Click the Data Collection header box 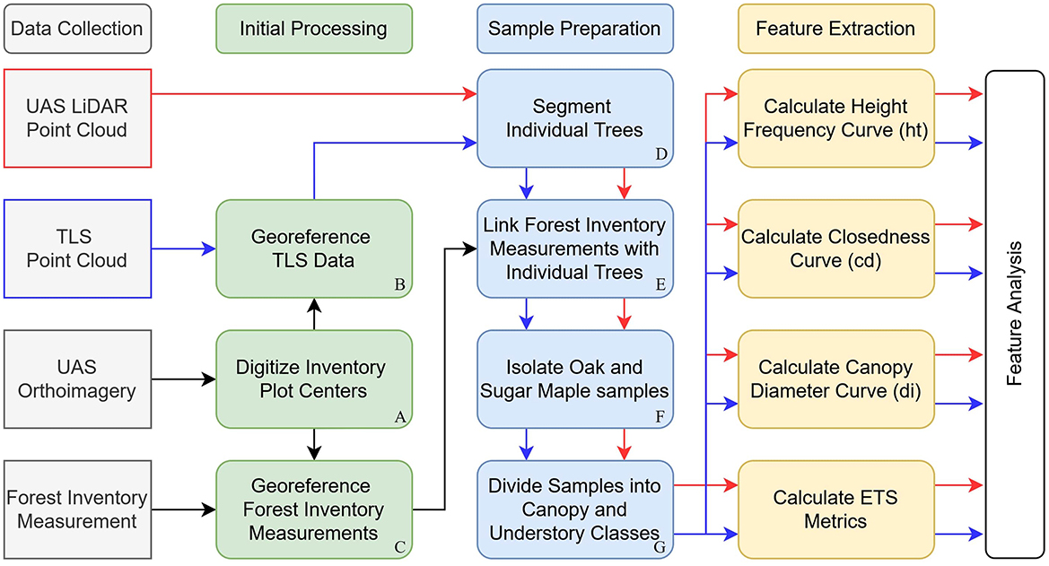click(x=78, y=28)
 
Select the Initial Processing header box click(x=313, y=28)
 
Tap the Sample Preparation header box click(x=574, y=28)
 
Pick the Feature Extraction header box click(x=835, y=28)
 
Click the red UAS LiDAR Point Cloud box click(x=77, y=118)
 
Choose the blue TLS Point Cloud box click(x=77, y=248)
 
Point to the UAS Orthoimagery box click(x=77, y=379)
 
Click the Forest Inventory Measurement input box click(x=77, y=509)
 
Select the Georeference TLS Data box click(x=313, y=248)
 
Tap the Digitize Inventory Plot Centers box click(x=313, y=379)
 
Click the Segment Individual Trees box click(x=574, y=118)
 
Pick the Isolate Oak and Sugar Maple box click(x=574, y=379)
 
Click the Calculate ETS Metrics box click(x=835, y=509)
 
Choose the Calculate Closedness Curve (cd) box click(x=835, y=248)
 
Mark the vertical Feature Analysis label click(x=1015, y=314)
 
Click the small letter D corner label click(x=661, y=155)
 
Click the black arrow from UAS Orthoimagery click(x=184, y=379)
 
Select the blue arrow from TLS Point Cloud click(x=184, y=248)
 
